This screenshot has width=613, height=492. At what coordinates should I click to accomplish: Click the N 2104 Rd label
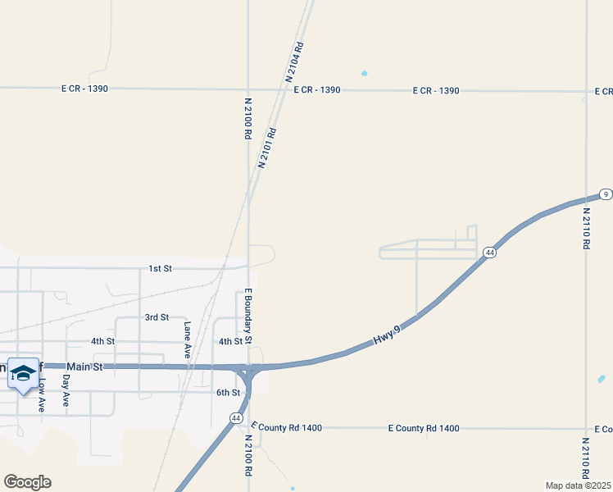[296, 61]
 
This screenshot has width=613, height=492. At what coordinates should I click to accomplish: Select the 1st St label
[160, 268]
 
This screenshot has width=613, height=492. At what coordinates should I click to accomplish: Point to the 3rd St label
[156, 317]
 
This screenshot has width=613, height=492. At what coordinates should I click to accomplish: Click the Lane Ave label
[188, 339]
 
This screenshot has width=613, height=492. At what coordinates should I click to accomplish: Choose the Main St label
[84, 367]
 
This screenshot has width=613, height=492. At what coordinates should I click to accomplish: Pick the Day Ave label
[66, 390]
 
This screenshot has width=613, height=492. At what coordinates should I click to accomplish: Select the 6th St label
[228, 393]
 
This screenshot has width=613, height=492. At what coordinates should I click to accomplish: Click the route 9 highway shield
[605, 194]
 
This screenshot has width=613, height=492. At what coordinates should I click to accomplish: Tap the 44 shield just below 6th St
[236, 418]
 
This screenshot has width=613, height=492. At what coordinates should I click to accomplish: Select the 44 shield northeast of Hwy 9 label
[488, 253]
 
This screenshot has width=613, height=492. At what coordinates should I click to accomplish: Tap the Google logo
[27, 482]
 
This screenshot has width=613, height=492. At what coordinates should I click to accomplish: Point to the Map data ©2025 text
[577, 485]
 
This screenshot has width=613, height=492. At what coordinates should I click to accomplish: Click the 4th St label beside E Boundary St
[229, 341]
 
